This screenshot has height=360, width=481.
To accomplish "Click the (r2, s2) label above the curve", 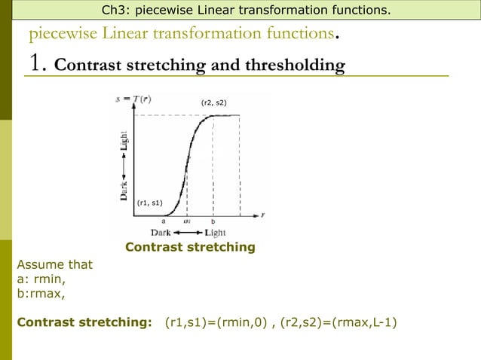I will point(213,102).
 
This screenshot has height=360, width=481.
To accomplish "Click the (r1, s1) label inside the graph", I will point(149,203).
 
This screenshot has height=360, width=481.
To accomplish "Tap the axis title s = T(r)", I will point(131,99).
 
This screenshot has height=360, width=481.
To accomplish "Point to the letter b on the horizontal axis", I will point(213,221).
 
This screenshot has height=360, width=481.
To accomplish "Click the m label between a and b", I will point(188,221).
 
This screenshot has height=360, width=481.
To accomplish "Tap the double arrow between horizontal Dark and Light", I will point(188,233).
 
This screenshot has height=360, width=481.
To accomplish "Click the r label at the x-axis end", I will point(262,215).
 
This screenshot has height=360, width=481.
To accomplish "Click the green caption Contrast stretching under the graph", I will point(190,247).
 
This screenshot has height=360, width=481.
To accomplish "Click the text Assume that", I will point(54,264).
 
